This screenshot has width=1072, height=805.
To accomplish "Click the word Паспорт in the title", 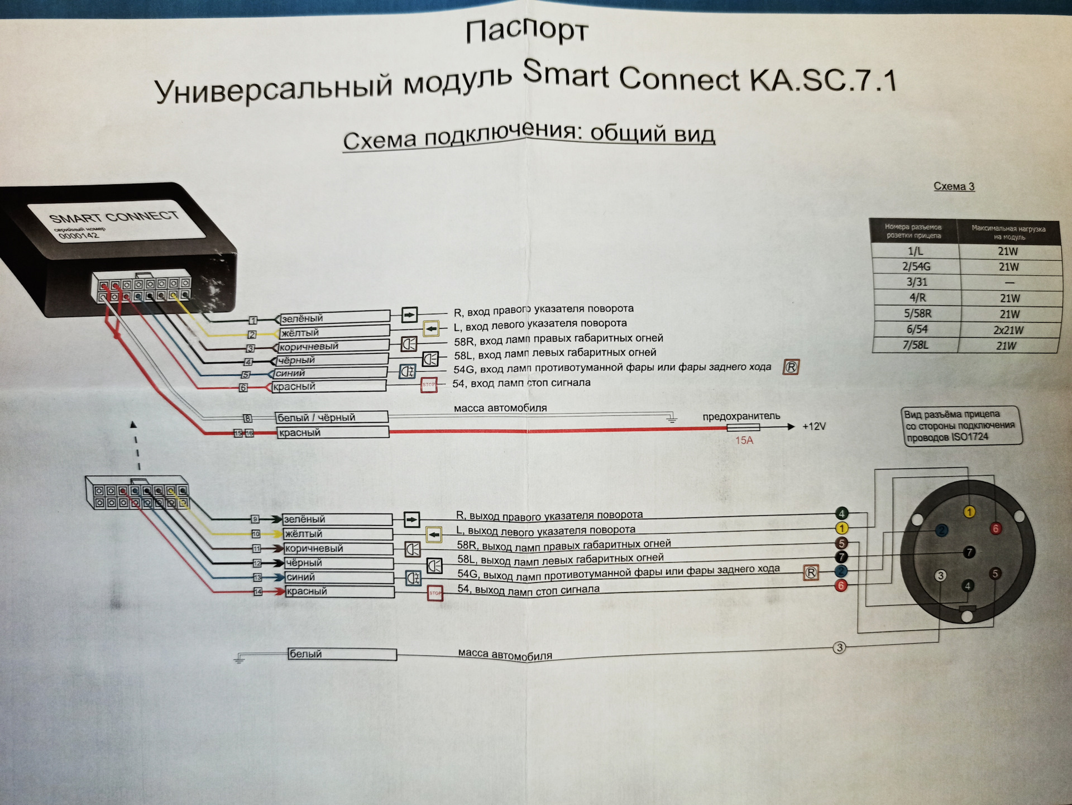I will click(x=527, y=31).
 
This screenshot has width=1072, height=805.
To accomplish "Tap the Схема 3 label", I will click(x=954, y=186).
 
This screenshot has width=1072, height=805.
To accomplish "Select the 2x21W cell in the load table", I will click(x=1008, y=330).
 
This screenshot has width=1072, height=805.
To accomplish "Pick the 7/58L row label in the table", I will click(x=916, y=346).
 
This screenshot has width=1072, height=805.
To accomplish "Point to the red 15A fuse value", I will click(x=744, y=440).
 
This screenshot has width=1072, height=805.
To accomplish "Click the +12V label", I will click(x=813, y=427).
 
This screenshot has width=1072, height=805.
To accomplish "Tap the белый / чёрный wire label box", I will click(x=332, y=418).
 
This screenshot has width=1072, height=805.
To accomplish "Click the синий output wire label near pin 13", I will click(x=338, y=577).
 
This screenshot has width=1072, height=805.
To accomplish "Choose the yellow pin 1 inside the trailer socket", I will click(x=969, y=512).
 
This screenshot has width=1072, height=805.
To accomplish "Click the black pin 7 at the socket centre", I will click(x=969, y=552).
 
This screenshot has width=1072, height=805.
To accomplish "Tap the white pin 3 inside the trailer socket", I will click(x=940, y=576).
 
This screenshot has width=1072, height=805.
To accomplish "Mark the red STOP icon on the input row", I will click(x=429, y=385).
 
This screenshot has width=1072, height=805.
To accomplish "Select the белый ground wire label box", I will click(x=342, y=654).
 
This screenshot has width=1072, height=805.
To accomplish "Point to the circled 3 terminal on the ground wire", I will click(x=839, y=648).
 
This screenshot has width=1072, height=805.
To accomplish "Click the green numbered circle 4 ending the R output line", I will click(x=841, y=514).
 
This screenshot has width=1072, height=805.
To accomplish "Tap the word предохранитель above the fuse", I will click(x=741, y=416).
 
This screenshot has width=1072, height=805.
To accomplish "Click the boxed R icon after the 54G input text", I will click(x=791, y=367).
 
